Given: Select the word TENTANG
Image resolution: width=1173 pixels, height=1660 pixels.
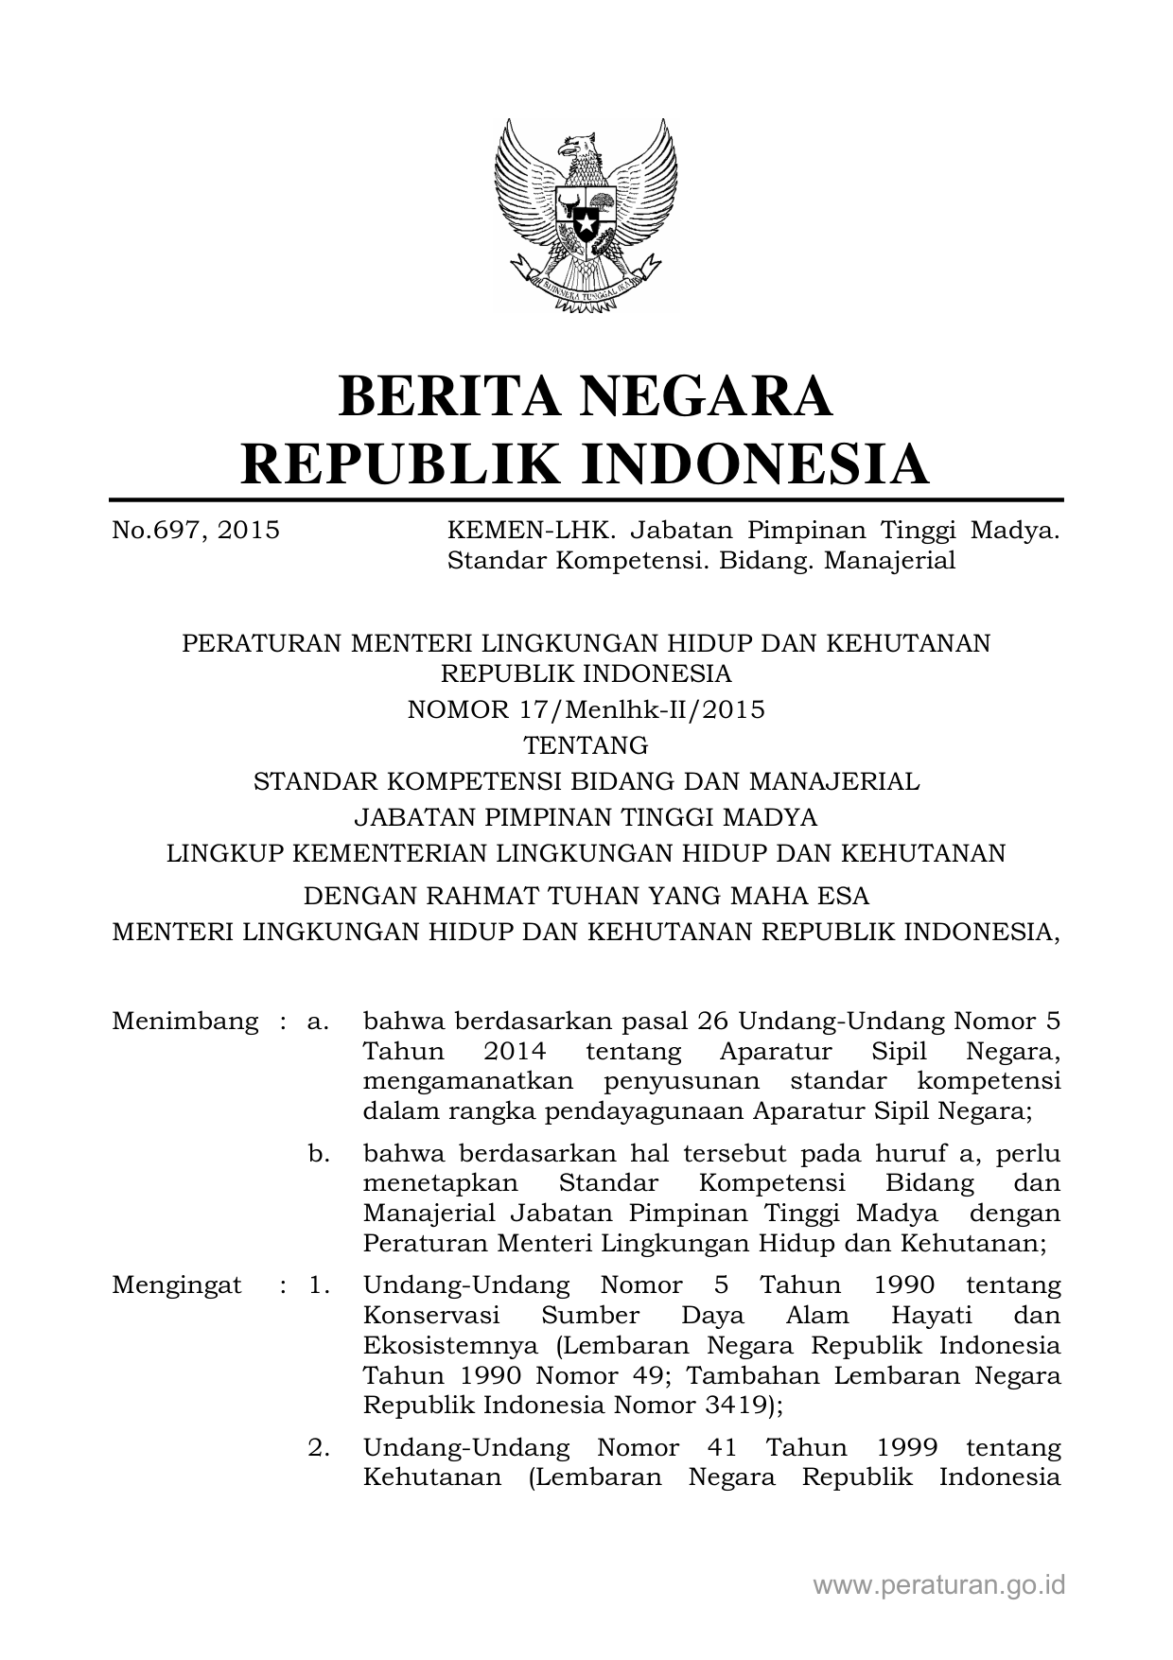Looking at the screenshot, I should coord(586,746).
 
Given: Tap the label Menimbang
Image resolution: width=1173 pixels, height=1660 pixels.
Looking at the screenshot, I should coord(184,1022).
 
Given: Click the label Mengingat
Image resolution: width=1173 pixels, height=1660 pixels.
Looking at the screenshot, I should coord(177,1285).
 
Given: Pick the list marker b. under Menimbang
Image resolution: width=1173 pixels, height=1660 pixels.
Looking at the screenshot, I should coord(318,1154).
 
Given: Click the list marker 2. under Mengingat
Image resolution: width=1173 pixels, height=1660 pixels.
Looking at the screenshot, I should coord(318,1448).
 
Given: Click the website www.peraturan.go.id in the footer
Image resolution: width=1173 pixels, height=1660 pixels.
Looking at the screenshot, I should coord(939,1584).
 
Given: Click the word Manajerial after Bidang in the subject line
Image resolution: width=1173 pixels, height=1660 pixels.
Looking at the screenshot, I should coord(889,561).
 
